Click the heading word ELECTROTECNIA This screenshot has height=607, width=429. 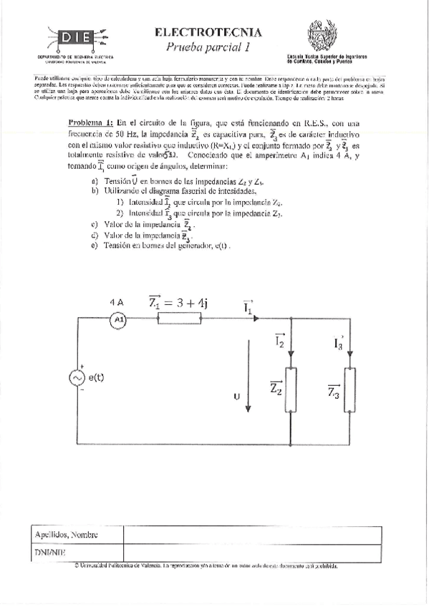point(208,31)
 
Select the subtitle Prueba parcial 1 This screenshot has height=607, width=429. point(208,47)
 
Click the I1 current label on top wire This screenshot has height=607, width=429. point(248,309)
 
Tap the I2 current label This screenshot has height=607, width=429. point(279,343)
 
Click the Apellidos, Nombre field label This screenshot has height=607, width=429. point(66,535)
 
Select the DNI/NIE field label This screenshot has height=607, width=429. point(50,553)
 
